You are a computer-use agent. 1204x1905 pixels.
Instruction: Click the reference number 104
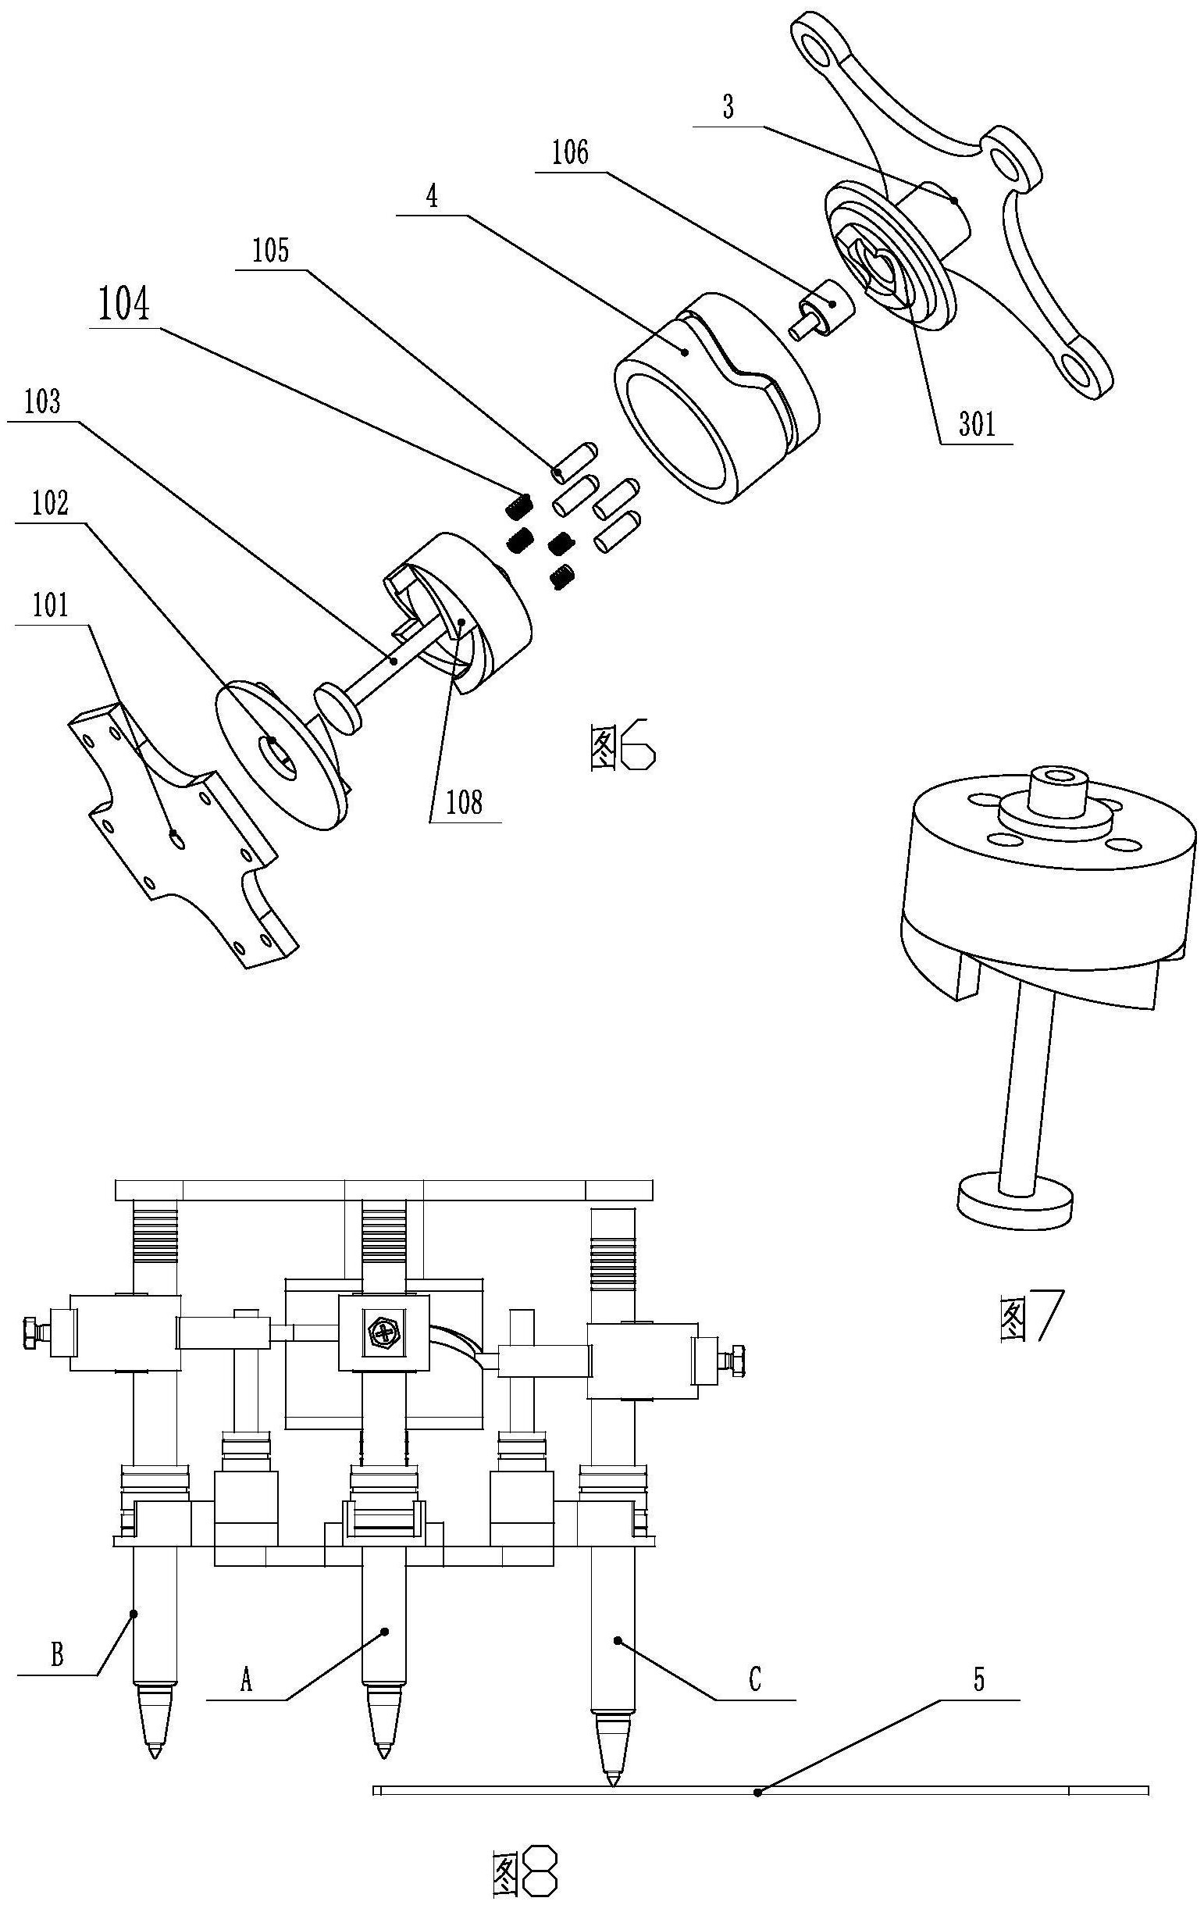(123, 306)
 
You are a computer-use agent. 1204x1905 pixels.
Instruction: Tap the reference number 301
(977, 426)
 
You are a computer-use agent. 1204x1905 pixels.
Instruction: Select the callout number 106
(570, 152)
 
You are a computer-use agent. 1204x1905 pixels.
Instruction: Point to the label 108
(465, 803)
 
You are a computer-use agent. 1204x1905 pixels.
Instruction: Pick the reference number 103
(43, 403)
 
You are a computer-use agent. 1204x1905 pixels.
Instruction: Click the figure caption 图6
(622, 749)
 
